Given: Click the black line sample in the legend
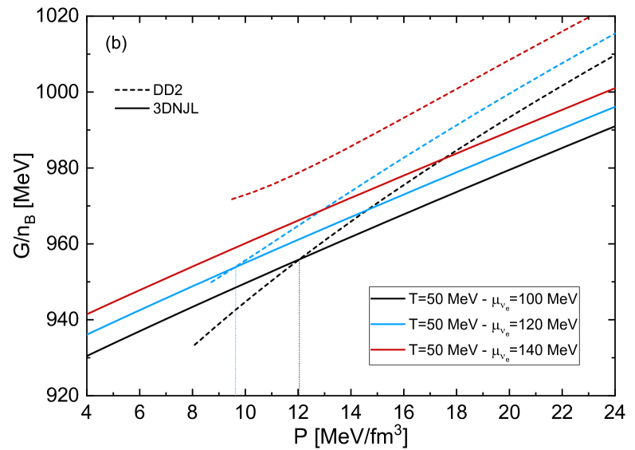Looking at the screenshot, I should click(x=388, y=298).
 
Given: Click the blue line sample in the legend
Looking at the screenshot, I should click(x=388, y=325).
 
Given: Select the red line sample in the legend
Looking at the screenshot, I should click(x=388, y=350).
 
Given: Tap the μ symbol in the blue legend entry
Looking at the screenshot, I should click(x=496, y=326).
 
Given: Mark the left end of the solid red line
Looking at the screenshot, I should click(x=88, y=314).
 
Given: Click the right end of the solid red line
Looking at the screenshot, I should click(x=615, y=88).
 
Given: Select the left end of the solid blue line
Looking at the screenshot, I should click(x=88, y=334).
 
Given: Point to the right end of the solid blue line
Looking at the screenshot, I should click(x=615, y=107).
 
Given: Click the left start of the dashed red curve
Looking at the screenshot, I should click(x=231, y=199).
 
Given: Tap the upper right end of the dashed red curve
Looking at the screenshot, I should click(x=588, y=17).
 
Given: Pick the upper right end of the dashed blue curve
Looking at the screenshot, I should click(x=615, y=34).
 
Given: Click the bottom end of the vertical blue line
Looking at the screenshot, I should click(x=235, y=393).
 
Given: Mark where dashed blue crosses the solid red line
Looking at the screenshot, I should click(x=320, y=211).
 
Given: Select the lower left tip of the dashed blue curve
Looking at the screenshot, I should click(x=211, y=282).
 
